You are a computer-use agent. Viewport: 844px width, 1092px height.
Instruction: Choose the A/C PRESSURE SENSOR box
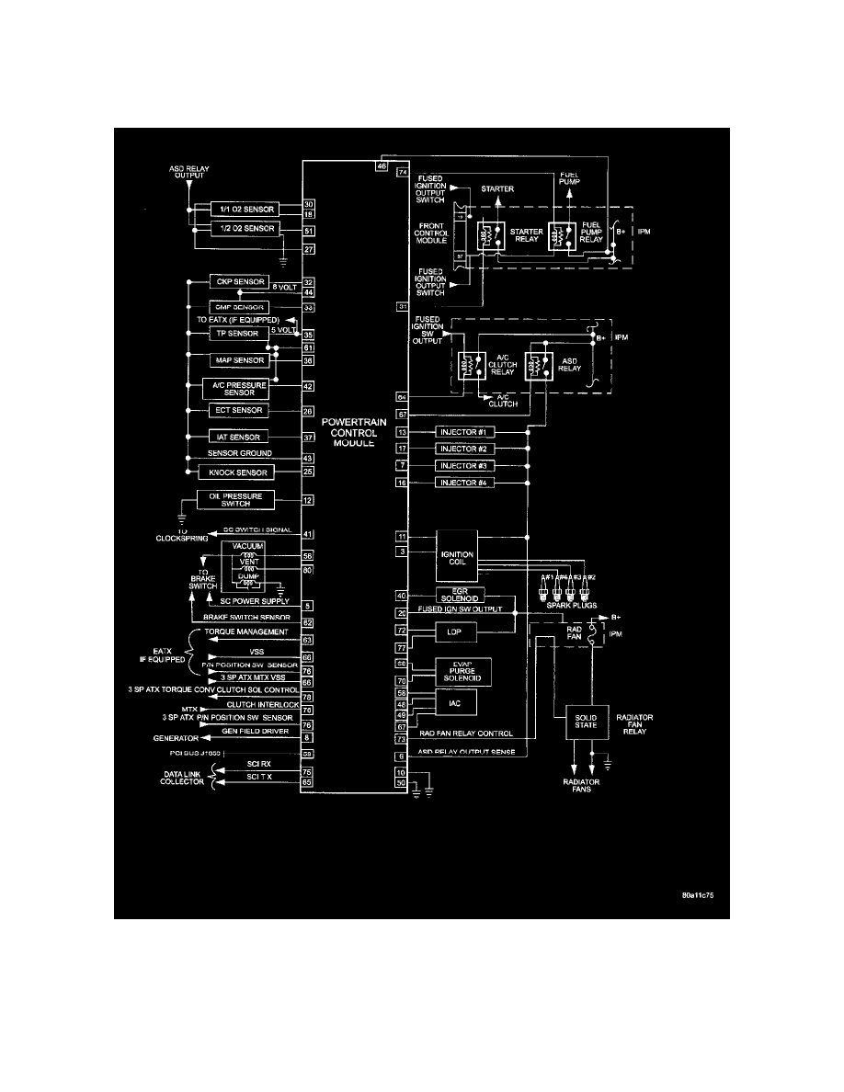click(x=234, y=387)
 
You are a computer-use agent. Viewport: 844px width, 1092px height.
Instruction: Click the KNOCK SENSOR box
click(x=237, y=472)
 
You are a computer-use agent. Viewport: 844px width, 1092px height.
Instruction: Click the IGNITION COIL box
click(x=457, y=555)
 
